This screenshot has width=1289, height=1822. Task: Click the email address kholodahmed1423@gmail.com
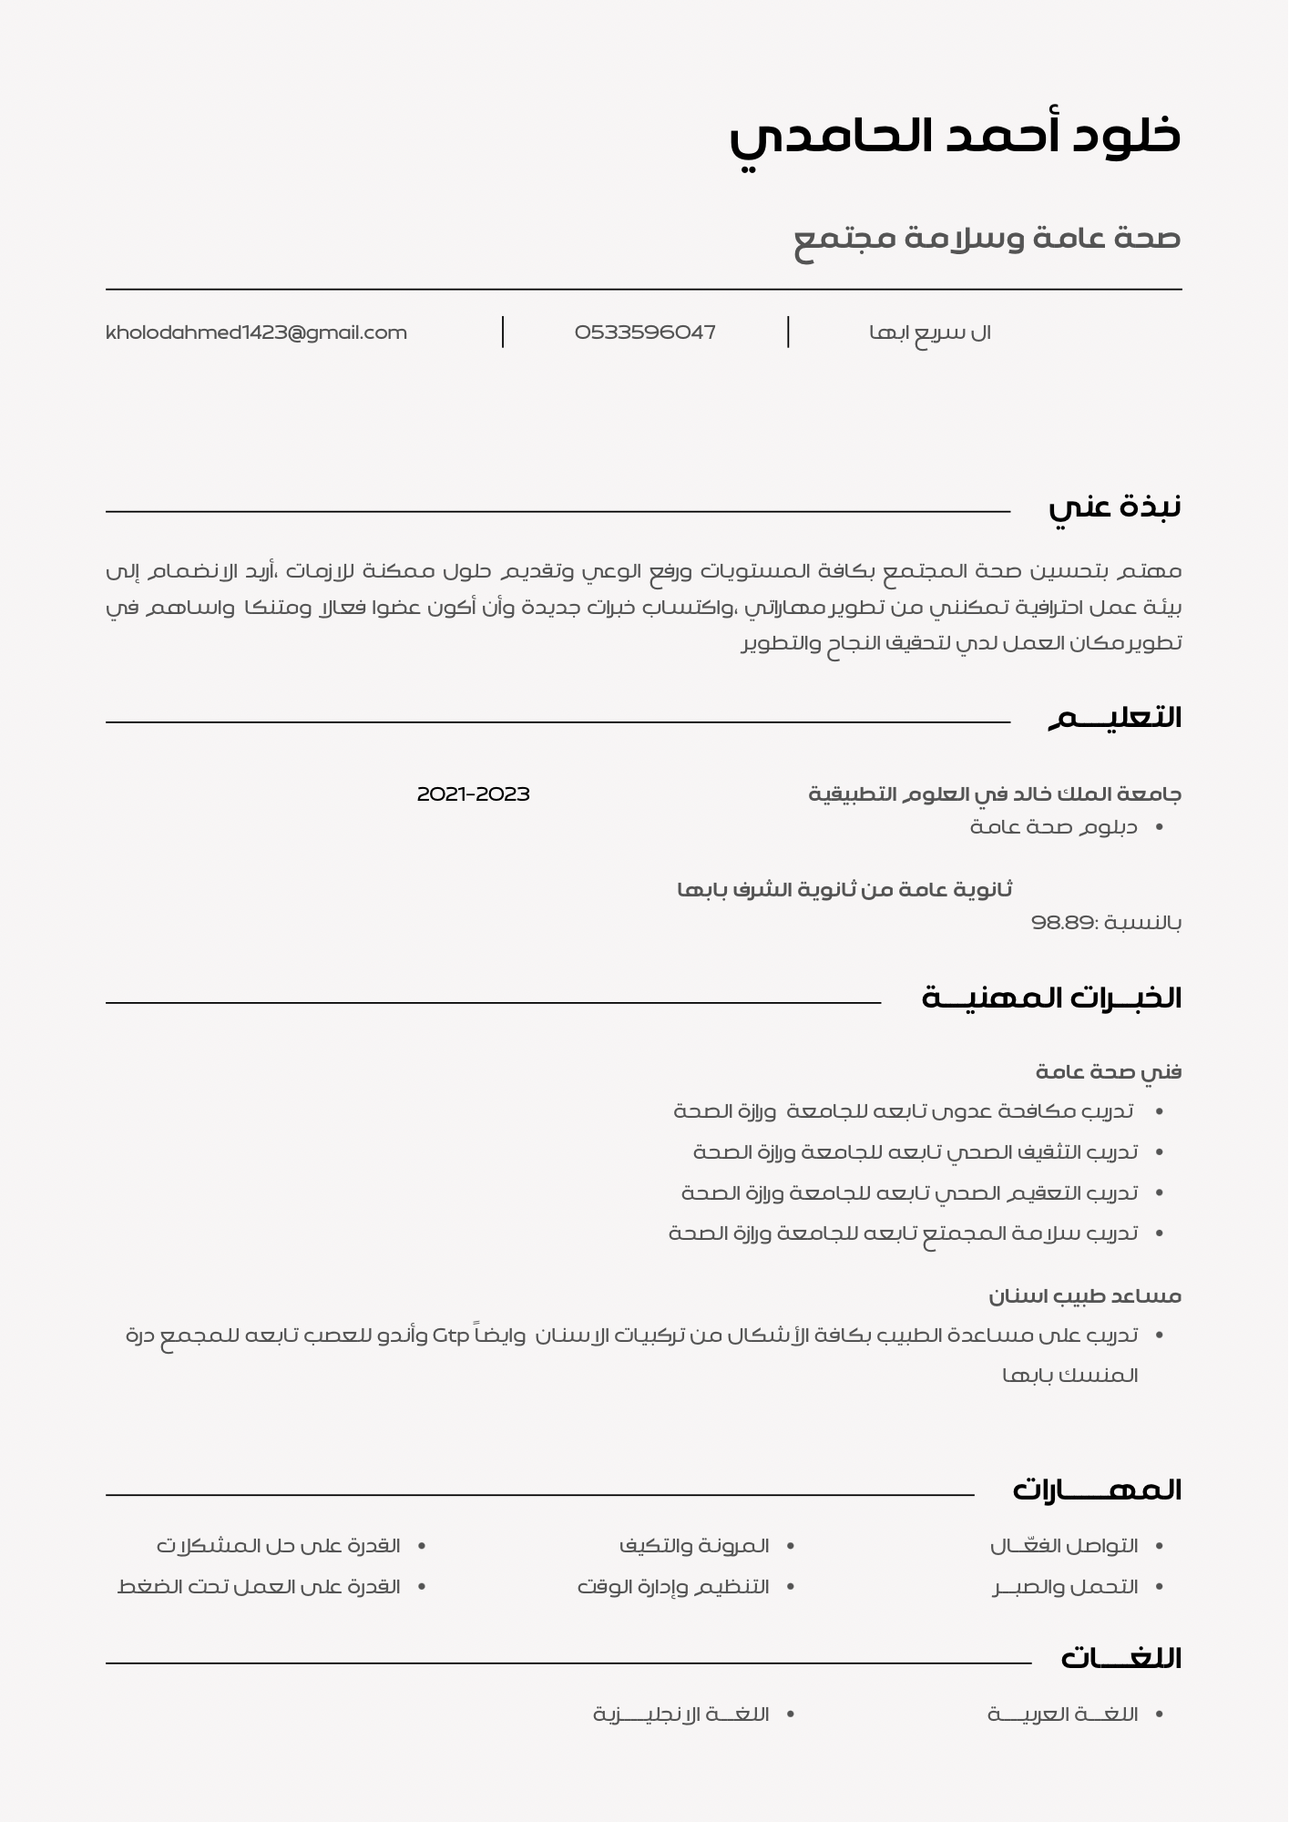[x=256, y=333]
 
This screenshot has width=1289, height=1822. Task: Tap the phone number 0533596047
[x=645, y=333]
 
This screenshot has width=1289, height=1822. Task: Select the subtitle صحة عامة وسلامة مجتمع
[x=987, y=239]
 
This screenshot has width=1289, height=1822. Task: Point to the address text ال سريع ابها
[x=930, y=333]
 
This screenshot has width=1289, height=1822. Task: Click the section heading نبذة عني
[x=1114, y=507]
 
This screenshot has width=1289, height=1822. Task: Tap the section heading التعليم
[x=1114, y=718]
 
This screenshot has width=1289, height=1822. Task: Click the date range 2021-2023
[x=473, y=794]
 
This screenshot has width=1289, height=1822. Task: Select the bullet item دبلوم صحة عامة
[x=1054, y=827]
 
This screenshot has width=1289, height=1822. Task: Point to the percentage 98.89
[x=1061, y=923]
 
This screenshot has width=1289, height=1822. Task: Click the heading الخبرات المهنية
[x=1051, y=998]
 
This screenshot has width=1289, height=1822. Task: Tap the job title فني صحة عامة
[x=1109, y=1071]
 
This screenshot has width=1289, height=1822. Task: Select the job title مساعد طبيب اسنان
[x=1085, y=1295]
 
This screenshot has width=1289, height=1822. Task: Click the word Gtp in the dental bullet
[x=451, y=1336]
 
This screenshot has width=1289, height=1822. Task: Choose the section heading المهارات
[x=1097, y=1490]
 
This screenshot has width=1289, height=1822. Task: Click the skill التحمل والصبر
[x=1066, y=1587]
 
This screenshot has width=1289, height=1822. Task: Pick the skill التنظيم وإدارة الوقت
[x=673, y=1587]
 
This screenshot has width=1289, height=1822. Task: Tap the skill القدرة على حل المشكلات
[x=278, y=1546]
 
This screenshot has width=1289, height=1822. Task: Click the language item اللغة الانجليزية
[x=681, y=1715]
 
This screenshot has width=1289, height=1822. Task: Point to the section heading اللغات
[x=1120, y=1658]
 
